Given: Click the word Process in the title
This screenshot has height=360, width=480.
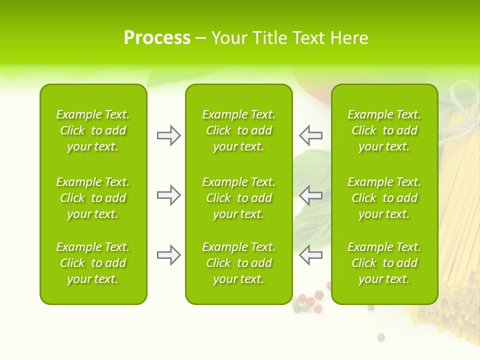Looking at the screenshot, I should [157, 38].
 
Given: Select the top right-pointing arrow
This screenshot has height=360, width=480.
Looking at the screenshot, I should [168, 135].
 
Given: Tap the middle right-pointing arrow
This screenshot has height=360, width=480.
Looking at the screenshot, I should [168, 195].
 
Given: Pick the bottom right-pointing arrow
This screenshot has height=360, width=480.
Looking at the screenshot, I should [168, 255].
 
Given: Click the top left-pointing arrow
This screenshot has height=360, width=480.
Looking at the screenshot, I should [311, 135].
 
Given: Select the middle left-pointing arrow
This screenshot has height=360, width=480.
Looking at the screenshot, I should [311, 195].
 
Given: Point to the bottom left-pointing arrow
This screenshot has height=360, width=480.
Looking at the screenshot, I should [311, 255].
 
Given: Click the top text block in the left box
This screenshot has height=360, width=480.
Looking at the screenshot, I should [93, 130].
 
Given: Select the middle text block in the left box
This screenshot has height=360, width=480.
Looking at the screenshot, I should [93, 198].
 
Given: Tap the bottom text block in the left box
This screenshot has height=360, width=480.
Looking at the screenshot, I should [93, 263].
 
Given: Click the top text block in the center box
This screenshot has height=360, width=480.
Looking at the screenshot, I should [238, 130].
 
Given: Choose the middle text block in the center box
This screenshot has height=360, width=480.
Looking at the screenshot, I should [238, 198].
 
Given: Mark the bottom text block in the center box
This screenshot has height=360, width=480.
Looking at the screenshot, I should [238, 263].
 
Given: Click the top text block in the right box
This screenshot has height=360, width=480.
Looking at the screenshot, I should [384, 130].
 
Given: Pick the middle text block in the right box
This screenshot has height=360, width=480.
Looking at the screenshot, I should [384, 198].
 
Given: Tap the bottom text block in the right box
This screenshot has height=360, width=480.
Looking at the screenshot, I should [384, 263].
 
